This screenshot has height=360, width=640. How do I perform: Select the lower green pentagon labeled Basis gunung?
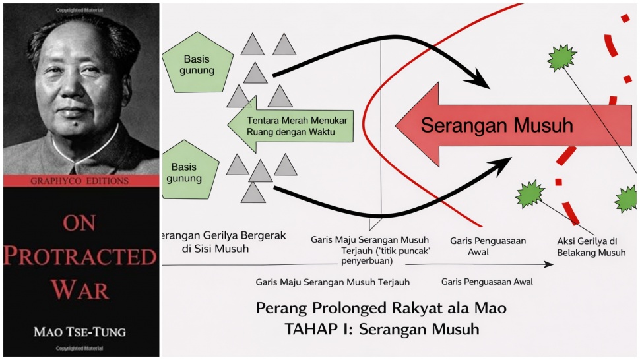point(189,170)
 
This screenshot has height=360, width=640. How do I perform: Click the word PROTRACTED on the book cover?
point(80,255)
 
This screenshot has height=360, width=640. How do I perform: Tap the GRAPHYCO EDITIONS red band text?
point(81,181)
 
